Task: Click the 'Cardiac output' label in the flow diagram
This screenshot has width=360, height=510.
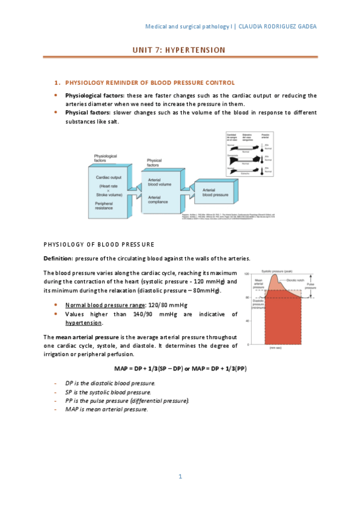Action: click(109, 177)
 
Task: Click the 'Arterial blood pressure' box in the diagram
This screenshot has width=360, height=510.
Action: click(216, 192)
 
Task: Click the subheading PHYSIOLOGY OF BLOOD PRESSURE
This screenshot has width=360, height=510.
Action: click(99, 244)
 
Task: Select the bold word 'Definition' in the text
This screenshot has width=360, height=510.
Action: click(58, 258)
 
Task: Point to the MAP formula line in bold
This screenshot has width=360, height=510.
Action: click(180, 368)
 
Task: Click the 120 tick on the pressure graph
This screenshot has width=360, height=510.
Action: click(247, 274)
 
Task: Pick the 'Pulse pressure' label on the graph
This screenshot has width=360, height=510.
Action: click(309, 290)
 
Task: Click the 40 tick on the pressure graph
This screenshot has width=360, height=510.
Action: click(248, 321)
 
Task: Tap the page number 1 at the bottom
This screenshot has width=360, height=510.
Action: click(180, 477)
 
